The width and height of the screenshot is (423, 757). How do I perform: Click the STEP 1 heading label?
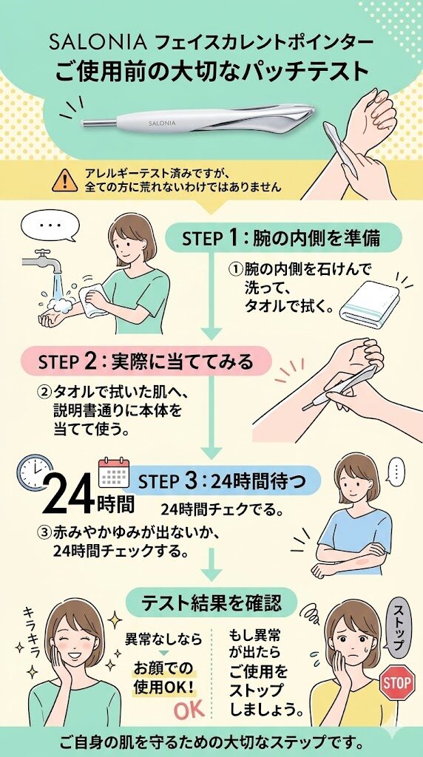[281, 239]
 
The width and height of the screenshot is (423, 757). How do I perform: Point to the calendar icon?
[114, 472]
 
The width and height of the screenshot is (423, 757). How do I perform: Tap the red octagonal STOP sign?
[398, 683]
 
